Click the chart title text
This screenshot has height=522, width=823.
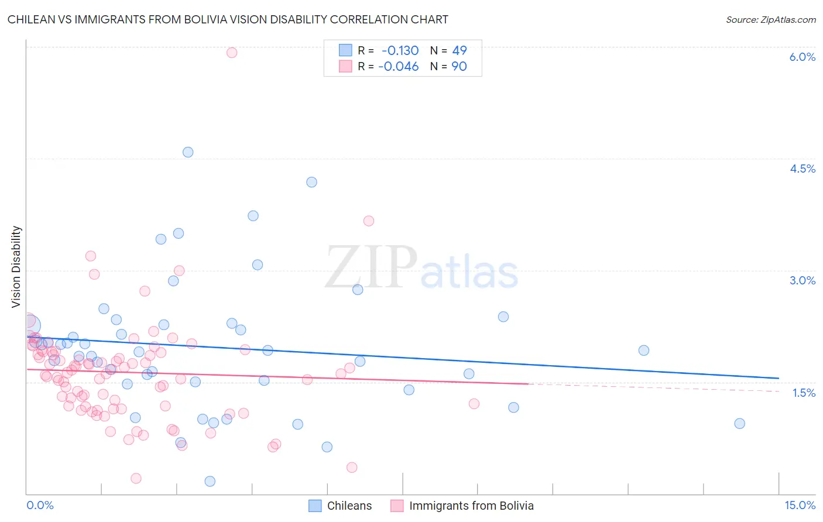[228, 19]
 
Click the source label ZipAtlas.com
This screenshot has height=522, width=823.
[770, 19]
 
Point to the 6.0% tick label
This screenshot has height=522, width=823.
[802, 57]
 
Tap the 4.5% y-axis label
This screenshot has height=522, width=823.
[802, 169]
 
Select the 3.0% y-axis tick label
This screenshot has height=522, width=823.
[802, 280]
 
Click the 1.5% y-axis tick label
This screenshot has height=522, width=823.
[804, 393]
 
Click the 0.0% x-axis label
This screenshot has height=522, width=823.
[40, 505]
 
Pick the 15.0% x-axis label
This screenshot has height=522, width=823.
[800, 505]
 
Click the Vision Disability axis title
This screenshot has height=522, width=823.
[16, 267]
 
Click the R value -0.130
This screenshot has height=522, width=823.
[400, 50]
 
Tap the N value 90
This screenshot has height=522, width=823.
[459, 66]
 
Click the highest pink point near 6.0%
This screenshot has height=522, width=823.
[232, 53]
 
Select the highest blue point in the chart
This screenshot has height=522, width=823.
[188, 152]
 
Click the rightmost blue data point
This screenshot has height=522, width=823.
[739, 424]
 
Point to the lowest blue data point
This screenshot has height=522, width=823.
[210, 481]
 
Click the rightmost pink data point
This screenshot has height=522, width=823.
[474, 404]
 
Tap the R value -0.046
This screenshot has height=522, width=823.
[398, 66]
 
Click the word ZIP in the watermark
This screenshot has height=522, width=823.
[371, 267]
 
